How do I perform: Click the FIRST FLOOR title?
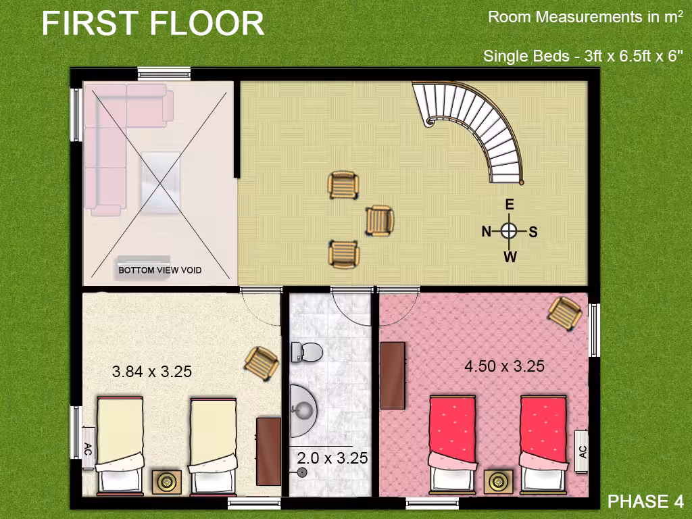153,23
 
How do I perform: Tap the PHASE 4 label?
645,501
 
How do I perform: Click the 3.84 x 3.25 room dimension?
152,372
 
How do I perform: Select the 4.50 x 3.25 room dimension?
504,366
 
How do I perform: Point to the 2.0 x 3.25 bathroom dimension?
332,458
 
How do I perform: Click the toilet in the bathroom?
307,352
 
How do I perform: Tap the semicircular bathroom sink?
303,410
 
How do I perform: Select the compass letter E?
510,204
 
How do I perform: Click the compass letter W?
510,257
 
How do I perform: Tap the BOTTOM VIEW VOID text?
159,270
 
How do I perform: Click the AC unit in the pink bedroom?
582,451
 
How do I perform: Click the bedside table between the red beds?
499,482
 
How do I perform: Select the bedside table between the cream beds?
167,482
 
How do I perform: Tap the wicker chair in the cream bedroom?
262,363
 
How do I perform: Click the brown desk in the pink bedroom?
393,376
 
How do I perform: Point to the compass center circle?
510,230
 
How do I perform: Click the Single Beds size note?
583,57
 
